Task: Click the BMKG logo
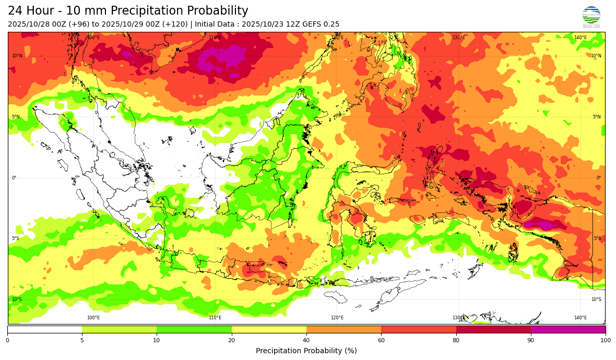(x=591, y=17)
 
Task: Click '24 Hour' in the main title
(x=29, y=11)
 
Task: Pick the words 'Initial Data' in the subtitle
(x=215, y=25)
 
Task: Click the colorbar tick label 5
(x=82, y=341)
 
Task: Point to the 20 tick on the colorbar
(x=231, y=341)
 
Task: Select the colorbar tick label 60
(x=381, y=341)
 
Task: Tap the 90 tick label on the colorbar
(x=531, y=341)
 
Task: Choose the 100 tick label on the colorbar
(x=606, y=341)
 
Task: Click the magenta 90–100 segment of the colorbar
(x=568, y=329)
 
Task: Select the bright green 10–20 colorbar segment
(x=194, y=329)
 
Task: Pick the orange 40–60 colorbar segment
(x=343, y=329)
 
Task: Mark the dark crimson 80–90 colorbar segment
(x=493, y=329)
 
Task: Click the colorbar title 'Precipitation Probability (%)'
(x=306, y=351)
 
